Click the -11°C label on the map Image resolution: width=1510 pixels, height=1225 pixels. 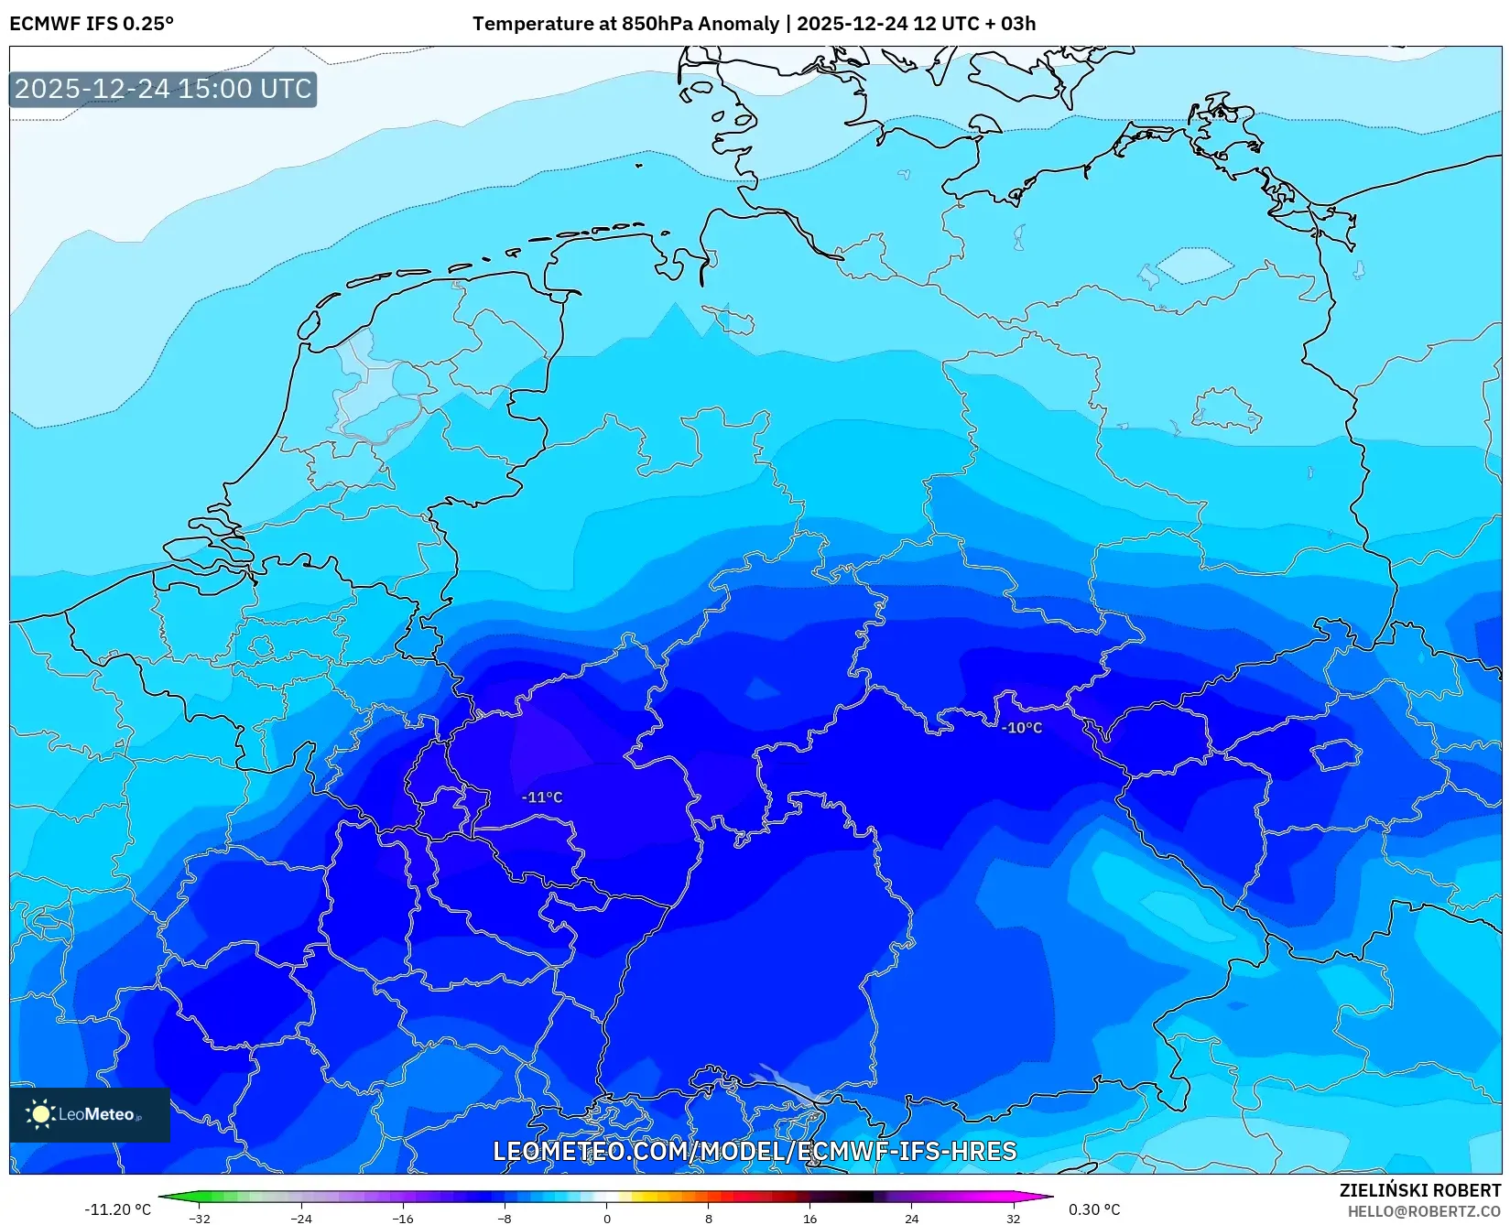[542, 797]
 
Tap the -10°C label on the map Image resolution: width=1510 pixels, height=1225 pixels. [1022, 728]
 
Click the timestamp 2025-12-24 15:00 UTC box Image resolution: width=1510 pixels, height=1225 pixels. [163, 89]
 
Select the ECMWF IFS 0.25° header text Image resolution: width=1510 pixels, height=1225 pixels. [92, 24]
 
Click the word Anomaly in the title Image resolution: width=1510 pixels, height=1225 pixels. [738, 24]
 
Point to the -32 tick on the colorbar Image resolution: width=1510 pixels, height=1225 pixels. [200, 1218]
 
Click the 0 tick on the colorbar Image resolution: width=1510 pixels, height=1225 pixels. [606, 1218]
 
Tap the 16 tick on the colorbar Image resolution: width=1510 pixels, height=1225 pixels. [809, 1218]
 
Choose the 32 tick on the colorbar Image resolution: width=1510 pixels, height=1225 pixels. [1013, 1218]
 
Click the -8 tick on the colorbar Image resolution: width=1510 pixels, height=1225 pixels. [505, 1218]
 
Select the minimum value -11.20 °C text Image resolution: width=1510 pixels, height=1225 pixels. [117, 1209]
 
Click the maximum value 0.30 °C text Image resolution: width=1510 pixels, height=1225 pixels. [1094, 1209]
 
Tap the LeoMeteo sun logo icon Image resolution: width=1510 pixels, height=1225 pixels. [40, 1114]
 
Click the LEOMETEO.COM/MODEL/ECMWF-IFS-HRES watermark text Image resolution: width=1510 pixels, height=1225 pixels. [755, 1151]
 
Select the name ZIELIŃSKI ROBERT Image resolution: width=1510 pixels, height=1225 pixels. [1420, 1190]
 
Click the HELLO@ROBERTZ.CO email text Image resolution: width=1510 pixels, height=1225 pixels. [1424, 1211]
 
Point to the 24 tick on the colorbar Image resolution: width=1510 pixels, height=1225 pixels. [911, 1218]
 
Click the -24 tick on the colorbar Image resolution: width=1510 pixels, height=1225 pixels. [301, 1218]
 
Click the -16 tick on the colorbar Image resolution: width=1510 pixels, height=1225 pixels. [403, 1218]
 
